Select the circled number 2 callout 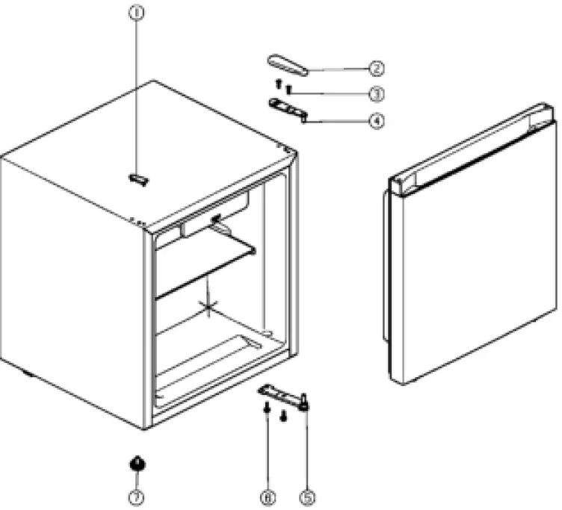(x=377, y=69)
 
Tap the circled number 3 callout (x=377, y=94)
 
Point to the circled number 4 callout (x=377, y=119)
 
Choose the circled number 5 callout (x=307, y=495)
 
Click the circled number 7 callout (x=138, y=495)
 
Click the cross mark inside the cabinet (x=208, y=306)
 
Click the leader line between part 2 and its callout (x=340, y=69)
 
